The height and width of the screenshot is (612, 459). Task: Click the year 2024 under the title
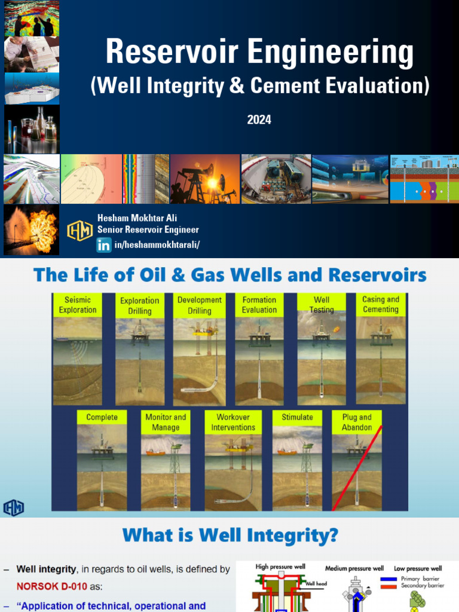(259, 120)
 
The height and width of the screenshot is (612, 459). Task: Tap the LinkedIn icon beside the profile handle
(103, 244)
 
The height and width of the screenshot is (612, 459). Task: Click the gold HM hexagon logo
(79, 230)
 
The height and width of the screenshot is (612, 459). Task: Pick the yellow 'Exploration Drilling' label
(139, 305)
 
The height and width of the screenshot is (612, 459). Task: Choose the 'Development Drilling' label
(199, 305)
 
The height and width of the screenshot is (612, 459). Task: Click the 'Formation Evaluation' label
(259, 305)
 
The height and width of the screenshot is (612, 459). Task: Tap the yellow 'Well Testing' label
(321, 305)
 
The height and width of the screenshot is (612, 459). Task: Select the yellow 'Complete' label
(102, 417)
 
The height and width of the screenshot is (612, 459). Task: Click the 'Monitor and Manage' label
(166, 422)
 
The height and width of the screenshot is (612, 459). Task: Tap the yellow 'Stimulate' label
(297, 417)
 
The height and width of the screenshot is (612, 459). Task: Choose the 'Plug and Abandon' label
(357, 422)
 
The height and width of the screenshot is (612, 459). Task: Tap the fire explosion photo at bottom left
(31, 230)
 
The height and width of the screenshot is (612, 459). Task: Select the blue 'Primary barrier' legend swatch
(393, 579)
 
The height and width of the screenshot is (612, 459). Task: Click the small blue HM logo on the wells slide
(13, 508)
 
